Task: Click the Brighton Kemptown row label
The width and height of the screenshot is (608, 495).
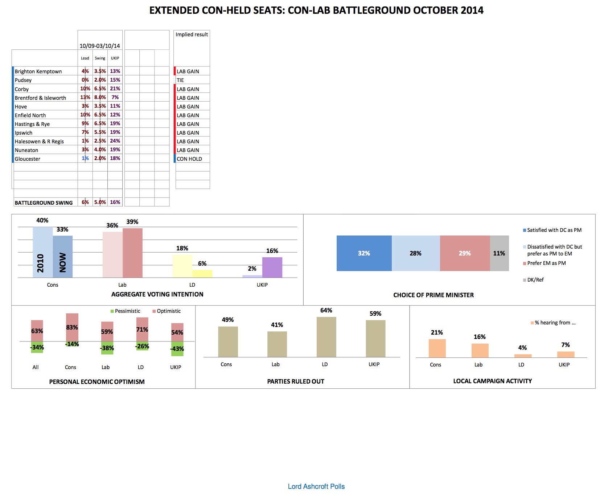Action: tap(38, 71)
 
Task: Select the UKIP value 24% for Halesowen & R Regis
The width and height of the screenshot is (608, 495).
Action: tap(115, 141)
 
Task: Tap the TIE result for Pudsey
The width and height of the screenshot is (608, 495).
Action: tap(180, 80)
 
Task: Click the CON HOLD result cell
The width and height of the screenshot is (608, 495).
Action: tap(189, 159)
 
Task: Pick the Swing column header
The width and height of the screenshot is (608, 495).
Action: tap(100, 58)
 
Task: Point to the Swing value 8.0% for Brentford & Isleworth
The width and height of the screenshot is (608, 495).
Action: tap(100, 97)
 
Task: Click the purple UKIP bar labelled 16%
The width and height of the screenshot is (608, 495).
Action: tap(272, 267)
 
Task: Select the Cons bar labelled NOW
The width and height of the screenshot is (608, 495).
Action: tap(63, 257)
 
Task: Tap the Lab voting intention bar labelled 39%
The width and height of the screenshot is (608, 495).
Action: tap(132, 253)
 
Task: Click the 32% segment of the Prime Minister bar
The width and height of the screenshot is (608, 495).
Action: tap(364, 253)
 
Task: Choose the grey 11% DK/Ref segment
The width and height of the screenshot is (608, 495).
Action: tap(499, 253)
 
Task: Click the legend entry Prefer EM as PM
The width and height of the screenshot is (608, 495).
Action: tap(546, 263)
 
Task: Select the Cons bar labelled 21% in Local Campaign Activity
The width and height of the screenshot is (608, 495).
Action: tap(437, 348)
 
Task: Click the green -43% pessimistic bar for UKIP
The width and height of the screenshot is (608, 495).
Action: tap(177, 349)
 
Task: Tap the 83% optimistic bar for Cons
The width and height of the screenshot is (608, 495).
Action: tap(72, 327)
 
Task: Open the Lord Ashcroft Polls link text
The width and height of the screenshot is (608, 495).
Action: tap(316, 486)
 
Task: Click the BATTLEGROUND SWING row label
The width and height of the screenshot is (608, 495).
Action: tap(44, 202)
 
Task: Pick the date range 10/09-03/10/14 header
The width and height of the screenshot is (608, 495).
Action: tap(100, 46)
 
